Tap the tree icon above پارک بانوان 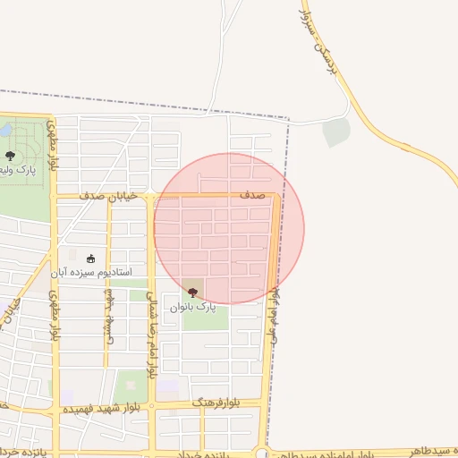point(192,292)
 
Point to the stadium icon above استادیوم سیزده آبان point(89,259)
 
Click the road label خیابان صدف point(108,195)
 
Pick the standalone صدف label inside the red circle point(251,194)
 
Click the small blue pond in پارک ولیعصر point(6,131)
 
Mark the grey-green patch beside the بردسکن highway point(336,131)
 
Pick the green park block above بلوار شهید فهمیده point(131,386)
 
